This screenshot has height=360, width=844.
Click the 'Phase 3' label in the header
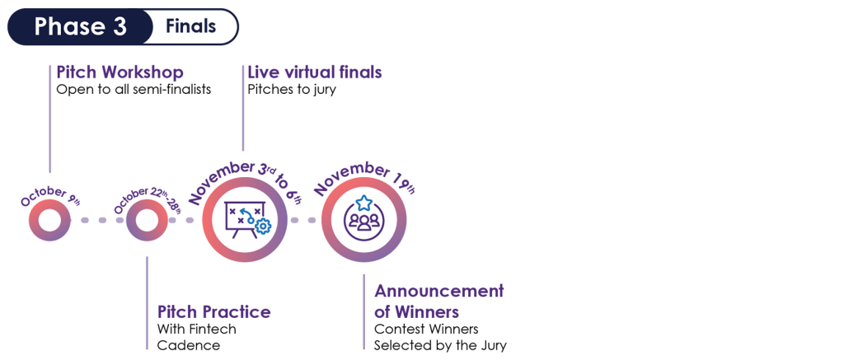tap(80, 26)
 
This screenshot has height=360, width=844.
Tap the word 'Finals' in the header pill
tap(190, 26)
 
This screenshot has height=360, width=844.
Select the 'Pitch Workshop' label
tap(120, 72)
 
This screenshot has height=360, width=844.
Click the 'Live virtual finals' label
tap(314, 72)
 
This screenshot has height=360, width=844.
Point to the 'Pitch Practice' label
tap(213, 312)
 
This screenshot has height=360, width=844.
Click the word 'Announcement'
tap(438, 292)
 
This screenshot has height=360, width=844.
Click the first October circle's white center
tap(49, 221)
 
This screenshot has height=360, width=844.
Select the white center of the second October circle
tap(146, 221)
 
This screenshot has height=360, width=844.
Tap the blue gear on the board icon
tap(263, 227)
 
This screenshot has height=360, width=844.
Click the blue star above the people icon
tap(363, 202)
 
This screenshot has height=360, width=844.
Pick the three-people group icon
tap(363, 222)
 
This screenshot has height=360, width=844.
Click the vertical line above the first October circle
tap(49, 124)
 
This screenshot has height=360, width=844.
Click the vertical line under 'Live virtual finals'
tap(242, 115)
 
